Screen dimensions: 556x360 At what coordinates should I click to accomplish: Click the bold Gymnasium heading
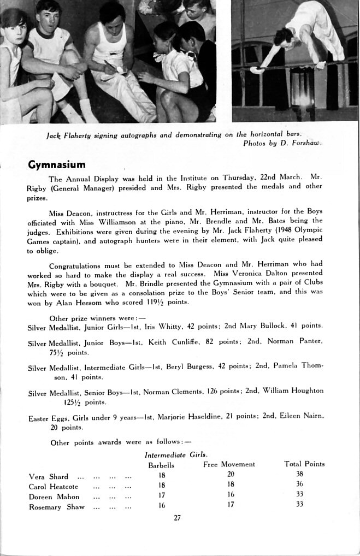point(57,164)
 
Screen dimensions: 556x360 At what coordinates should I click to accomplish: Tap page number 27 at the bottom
point(177,518)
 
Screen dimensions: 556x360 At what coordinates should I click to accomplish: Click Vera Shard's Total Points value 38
point(299,474)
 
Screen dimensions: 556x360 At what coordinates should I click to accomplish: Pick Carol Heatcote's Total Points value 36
point(299,484)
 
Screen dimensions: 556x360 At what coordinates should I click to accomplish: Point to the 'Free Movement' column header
point(229,464)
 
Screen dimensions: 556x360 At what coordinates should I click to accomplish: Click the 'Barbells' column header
point(161,465)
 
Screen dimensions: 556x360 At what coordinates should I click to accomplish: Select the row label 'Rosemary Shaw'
point(56,507)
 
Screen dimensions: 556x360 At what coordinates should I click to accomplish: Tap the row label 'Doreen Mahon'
point(54,496)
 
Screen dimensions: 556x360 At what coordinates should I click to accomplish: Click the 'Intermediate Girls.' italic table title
point(176,454)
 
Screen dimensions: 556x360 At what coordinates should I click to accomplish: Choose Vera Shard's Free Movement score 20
point(231,474)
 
